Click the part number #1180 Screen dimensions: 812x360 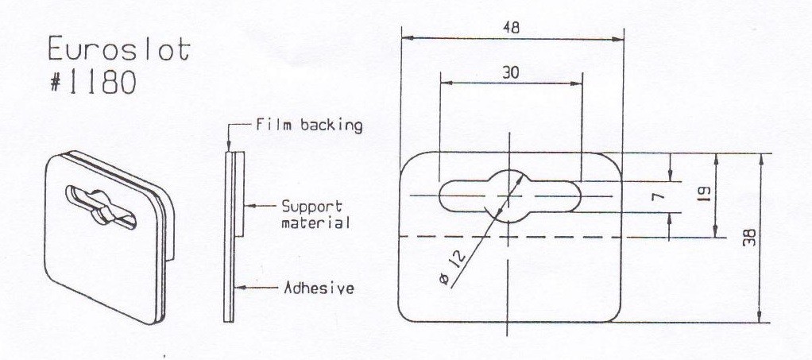click(x=93, y=82)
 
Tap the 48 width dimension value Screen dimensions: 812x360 click(x=511, y=28)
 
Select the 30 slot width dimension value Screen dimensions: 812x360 click(x=511, y=73)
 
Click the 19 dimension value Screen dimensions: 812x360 click(x=702, y=195)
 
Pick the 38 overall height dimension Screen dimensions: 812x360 click(x=749, y=238)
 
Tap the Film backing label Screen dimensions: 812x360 click(x=309, y=126)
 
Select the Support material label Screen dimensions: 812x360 click(x=315, y=215)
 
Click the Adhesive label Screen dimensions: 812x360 click(x=319, y=288)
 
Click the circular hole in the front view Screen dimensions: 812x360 click(x=508, y=196)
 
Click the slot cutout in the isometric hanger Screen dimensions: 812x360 click(x=100, y=207)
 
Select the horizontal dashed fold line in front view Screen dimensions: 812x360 click(x=510, y=238)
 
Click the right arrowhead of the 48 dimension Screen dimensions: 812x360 click(x=617, y=39)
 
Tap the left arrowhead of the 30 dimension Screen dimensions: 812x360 click(x=447, y=83)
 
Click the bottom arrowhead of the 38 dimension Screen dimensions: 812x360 click(x=760, y=315)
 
